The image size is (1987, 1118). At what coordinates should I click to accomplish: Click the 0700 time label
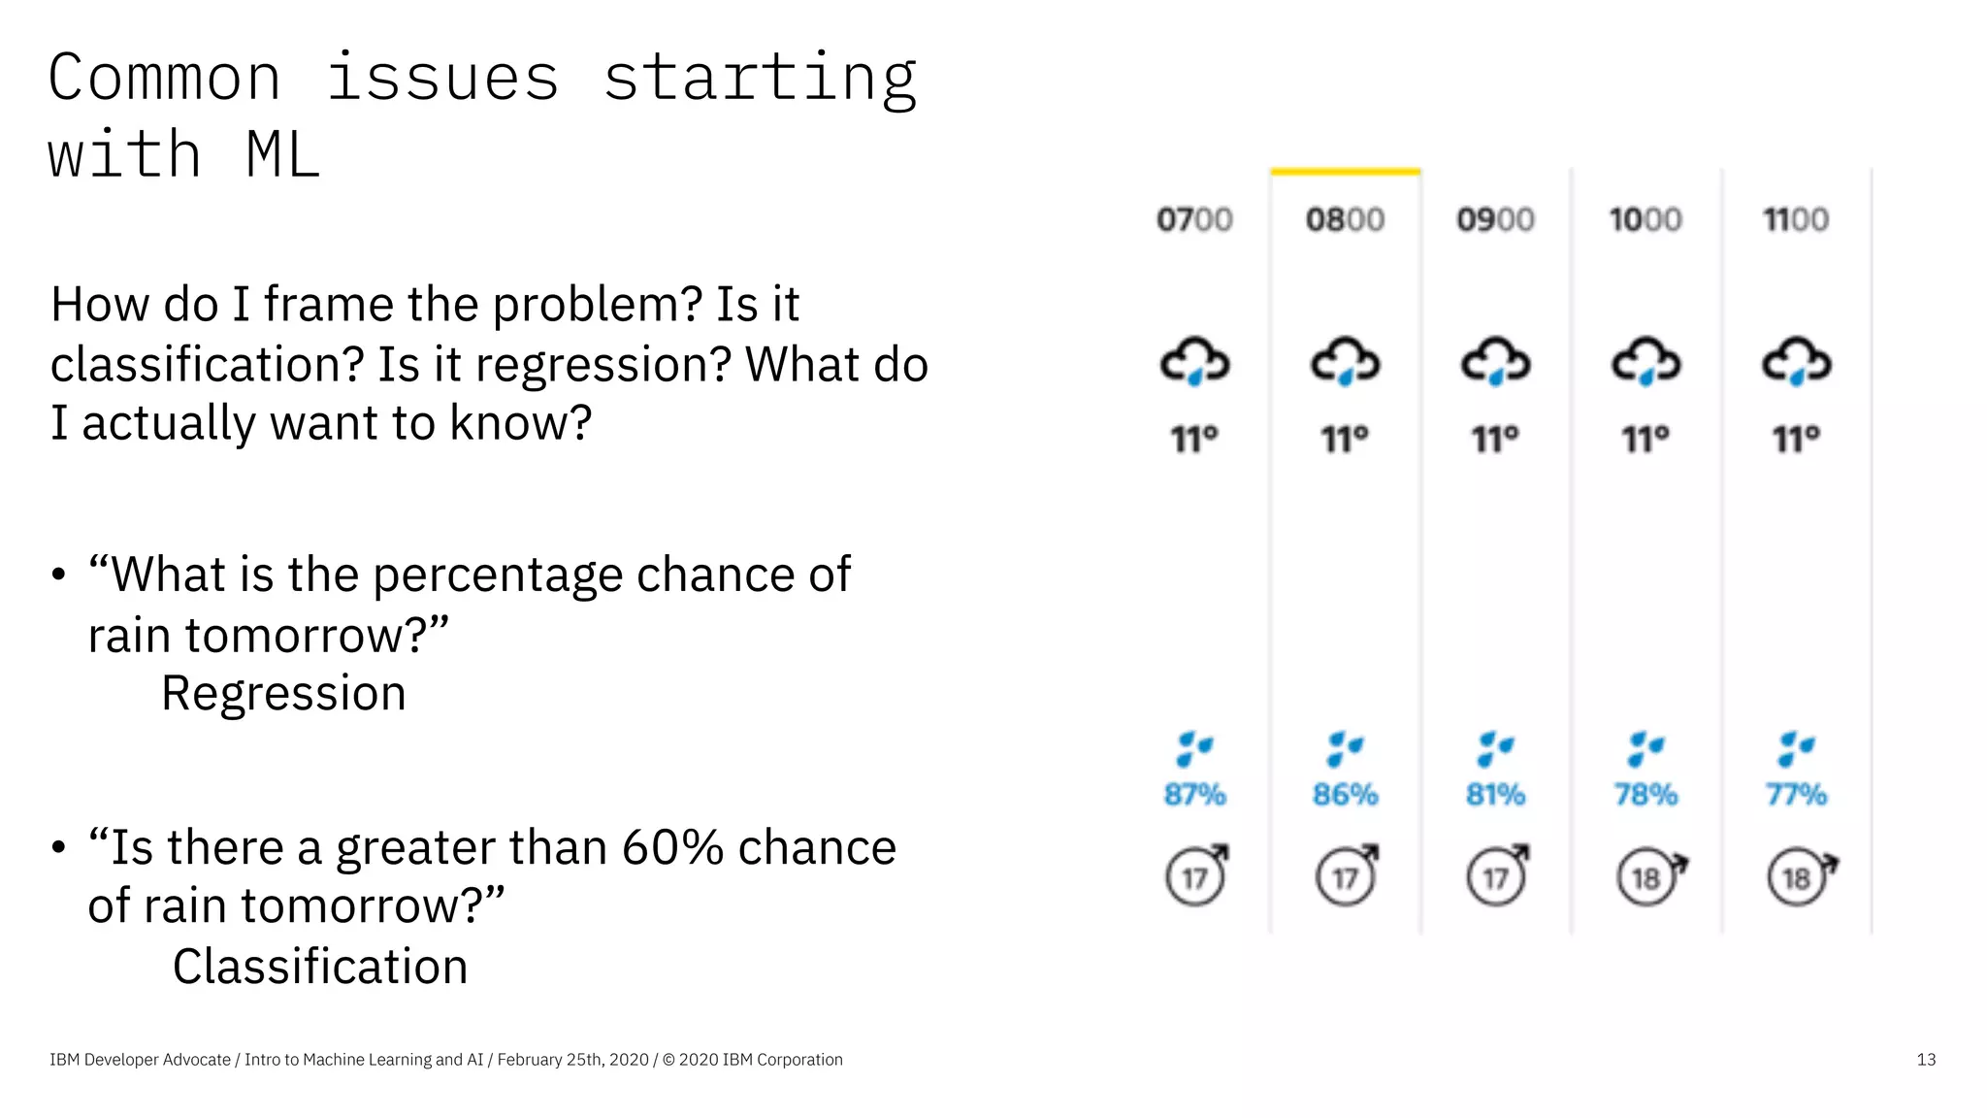click(x=1194, y=220)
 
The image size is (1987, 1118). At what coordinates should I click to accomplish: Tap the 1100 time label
click(x=1796, y=220)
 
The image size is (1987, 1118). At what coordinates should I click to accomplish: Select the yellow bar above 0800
click(x=1346, y=172)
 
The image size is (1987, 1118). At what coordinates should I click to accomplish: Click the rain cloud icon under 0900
click(x=1495, y=362)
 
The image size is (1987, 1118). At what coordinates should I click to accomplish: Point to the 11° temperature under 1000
click(x=1645, y=440)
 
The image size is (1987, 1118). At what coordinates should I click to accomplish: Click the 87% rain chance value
click(x=1194, y=795)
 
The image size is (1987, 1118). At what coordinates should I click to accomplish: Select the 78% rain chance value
click(x=1645, y=795)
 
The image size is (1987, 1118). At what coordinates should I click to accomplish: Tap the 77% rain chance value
click(x=1796, y=795)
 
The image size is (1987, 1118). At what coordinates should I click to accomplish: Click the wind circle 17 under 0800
click(x=1346, y=877)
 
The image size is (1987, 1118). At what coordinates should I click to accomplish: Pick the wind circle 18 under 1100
click(x=1797, y=877)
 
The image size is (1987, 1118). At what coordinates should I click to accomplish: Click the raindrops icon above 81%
click(x=1495, y=748)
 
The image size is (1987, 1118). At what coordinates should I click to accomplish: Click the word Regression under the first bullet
click(x=283, y=694)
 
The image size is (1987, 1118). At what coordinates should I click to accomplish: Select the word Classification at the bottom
click(x=320, y=968)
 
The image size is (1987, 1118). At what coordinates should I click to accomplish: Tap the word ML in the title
click(x=282, y=155)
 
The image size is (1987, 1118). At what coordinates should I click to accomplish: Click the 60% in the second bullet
click(x=672, y=847)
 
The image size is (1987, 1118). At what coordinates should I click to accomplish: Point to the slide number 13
click(x=1926, y=1060)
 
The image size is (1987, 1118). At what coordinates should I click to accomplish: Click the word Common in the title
click(x=165, y=78)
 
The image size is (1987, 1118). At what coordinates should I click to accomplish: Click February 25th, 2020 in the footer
click(x=572, y=1060)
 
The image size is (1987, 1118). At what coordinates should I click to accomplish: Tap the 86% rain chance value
click(x=1346, y=795)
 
